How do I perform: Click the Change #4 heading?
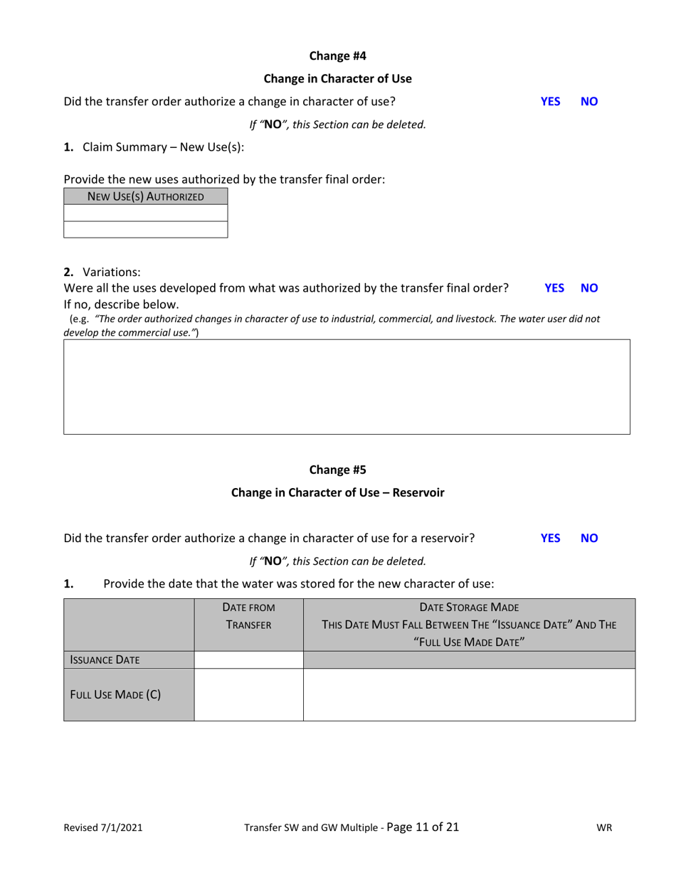click(337, 55)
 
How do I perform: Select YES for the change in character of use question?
click(551, 101)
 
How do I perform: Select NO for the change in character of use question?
click(589, 101)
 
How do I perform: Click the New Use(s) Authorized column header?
click(146, 196)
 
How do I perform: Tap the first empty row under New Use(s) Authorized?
click(146, 213)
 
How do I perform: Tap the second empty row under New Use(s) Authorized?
click(146, 229)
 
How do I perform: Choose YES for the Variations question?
click(554, 288)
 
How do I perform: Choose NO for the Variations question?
click(589, 288)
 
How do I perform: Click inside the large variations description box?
click(347, 386)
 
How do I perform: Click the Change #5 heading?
click(337, 470)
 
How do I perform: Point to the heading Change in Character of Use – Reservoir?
click(337, 492)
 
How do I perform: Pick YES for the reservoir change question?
click(551, 538)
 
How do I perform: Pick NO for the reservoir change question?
click(589, 538)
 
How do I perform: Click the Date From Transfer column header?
click(248, 616)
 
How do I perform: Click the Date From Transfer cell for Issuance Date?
click(248, 660)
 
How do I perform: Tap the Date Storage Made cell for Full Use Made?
click(469, 694)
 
